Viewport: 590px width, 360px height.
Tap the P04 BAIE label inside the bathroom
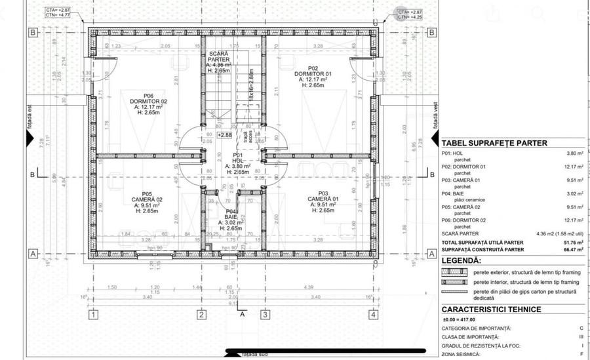230,214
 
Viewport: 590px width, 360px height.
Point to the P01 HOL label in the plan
237,157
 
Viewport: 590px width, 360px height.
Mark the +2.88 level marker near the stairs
225,134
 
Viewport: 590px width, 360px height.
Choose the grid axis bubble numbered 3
265,315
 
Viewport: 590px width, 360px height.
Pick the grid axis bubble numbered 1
94,315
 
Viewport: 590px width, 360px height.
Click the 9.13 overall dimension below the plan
232,303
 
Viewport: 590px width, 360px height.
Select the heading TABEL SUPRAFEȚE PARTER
494,143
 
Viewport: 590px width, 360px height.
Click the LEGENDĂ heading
461,260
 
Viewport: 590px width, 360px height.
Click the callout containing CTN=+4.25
410,14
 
